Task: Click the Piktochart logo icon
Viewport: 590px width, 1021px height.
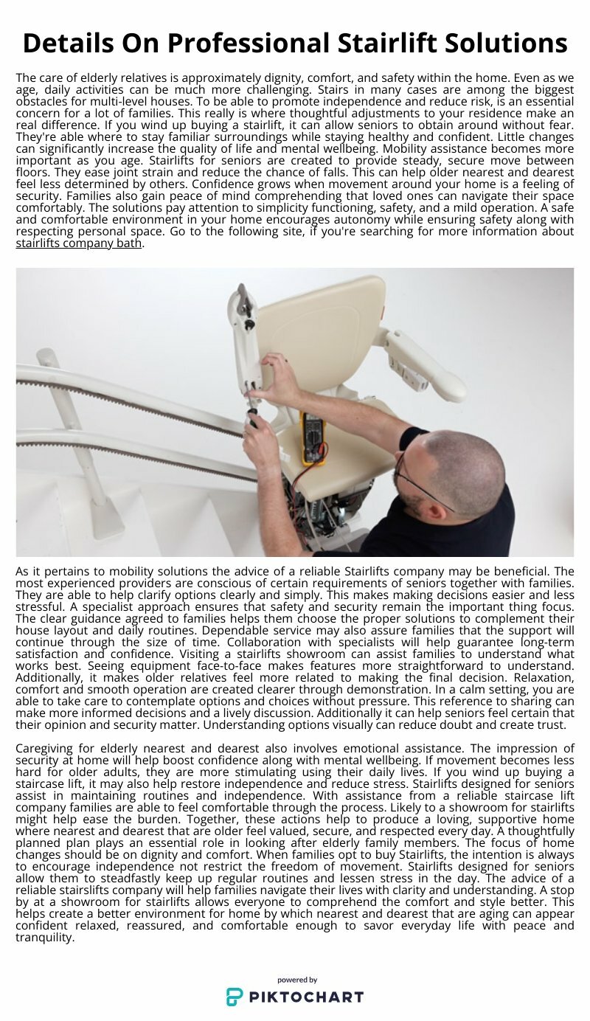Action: pos(235,997)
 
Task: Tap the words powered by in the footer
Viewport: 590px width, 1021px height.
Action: pos(296,980)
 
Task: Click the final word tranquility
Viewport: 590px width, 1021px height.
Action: pos(44,938)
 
